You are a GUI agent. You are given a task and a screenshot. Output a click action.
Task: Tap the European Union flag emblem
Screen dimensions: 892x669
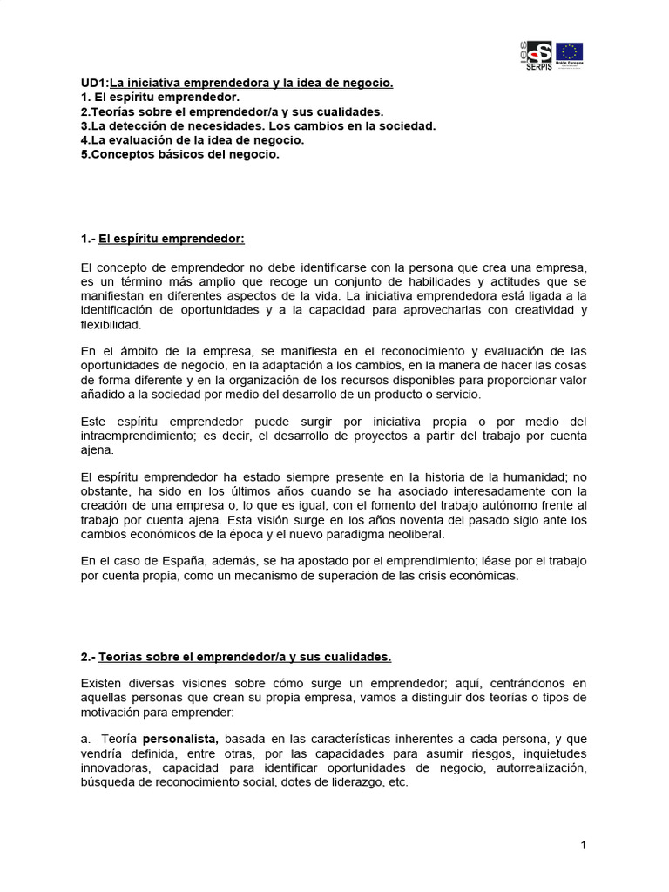point(570,52)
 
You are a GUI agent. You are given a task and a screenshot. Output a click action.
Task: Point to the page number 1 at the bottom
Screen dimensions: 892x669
point(584,845)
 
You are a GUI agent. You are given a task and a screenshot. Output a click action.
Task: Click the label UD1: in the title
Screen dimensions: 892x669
point(95,84)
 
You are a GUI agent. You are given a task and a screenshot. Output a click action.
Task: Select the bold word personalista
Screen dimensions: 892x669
point(181,739)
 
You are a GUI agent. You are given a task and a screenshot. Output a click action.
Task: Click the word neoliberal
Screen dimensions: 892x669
point(414,534)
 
